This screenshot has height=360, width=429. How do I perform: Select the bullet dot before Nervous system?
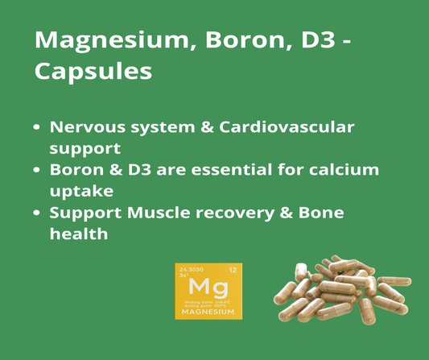[x=37, y=128]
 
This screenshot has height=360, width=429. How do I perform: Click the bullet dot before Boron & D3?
[x=37, y=171]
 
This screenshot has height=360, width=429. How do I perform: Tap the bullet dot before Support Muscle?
[x=37, y=213]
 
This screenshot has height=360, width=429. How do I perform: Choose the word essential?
[x=234, y=170]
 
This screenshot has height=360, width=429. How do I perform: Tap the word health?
[x=78, y=234]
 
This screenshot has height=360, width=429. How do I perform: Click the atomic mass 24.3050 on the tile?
[x=192, y=269]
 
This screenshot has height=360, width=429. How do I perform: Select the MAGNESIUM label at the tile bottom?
[x=208, y=312]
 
